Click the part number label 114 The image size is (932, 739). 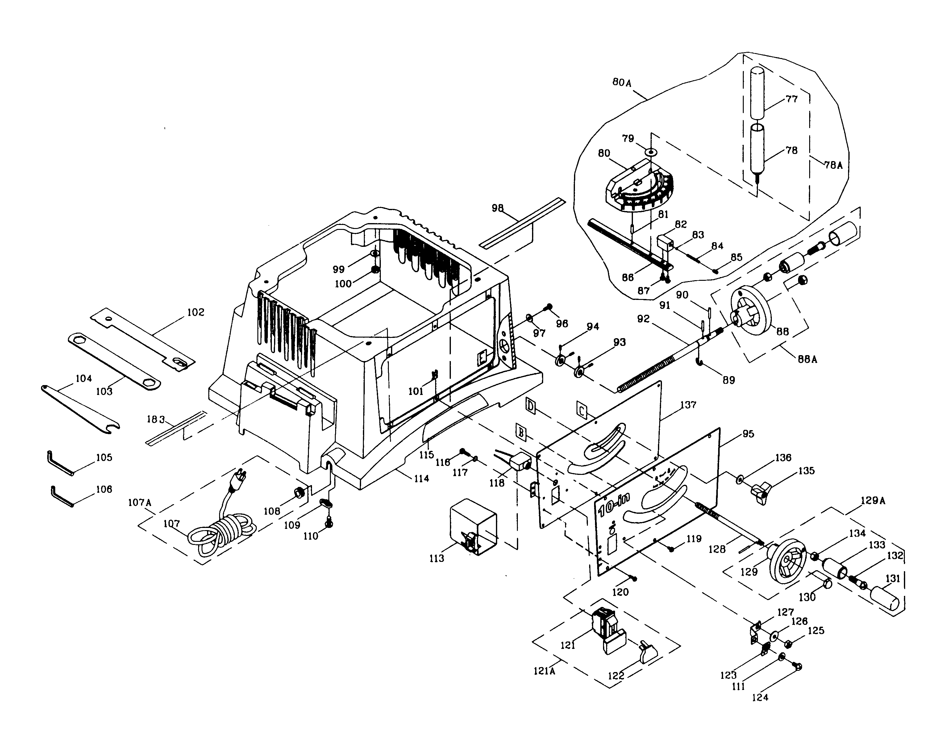click(x=421, y=478)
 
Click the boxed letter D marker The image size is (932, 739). click(x=531, y=406)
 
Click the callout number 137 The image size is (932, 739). click(x=688, y=405)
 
